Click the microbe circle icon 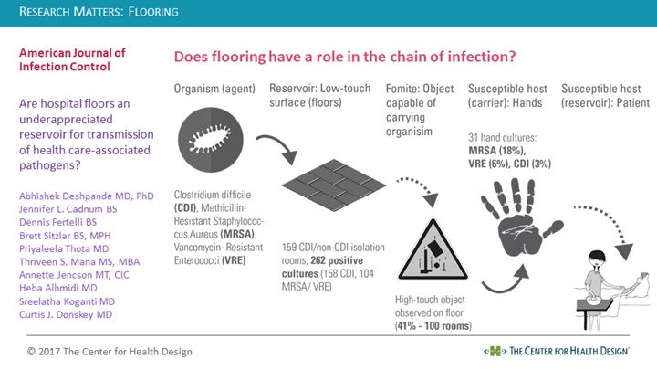(x=211, y=140)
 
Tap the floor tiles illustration (x=334, y=185)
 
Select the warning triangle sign (x=433, y=250)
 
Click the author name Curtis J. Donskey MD (x=66, y=314)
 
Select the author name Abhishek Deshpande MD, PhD (x=87, y=196)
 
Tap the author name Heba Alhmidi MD (x=58, y=288)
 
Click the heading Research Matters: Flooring (x=99, y=11)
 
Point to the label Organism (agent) (x=214, y=89)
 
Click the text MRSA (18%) (x=497, y=151)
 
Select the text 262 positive (x=337, y=260)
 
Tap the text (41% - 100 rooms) (x=433, y=326)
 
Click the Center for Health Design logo (x=557, y=351)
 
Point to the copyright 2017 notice (x=109, y=352)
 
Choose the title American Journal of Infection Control (x=72, y=59)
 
